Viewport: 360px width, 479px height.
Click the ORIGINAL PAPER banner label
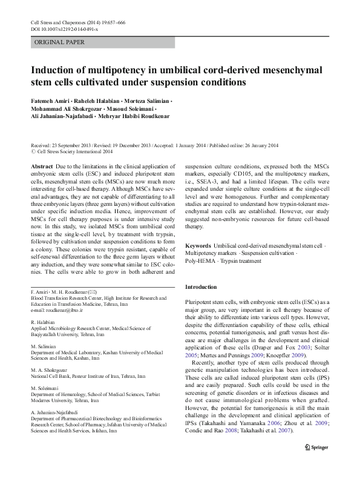coord(59,42)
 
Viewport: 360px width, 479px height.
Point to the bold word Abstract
coord(41,165)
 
